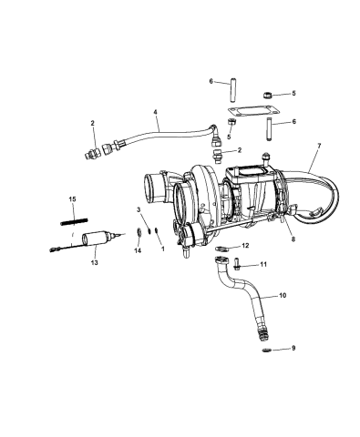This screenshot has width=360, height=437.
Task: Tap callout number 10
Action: tap(281, 295)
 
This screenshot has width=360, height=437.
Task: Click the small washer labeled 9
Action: tap(267, 350)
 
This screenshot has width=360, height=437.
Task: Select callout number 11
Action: tap(264, 265)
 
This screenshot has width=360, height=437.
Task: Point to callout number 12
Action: tap(244, 247)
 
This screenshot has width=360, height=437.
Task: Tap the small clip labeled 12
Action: tap(223, 248)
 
